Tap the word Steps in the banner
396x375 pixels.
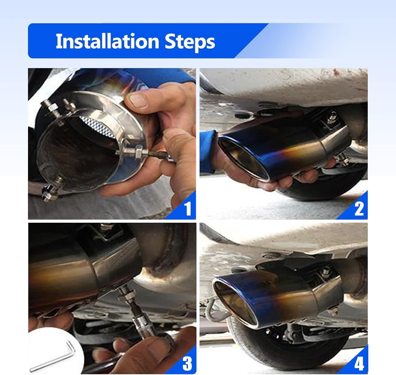(x=190, y=42)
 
